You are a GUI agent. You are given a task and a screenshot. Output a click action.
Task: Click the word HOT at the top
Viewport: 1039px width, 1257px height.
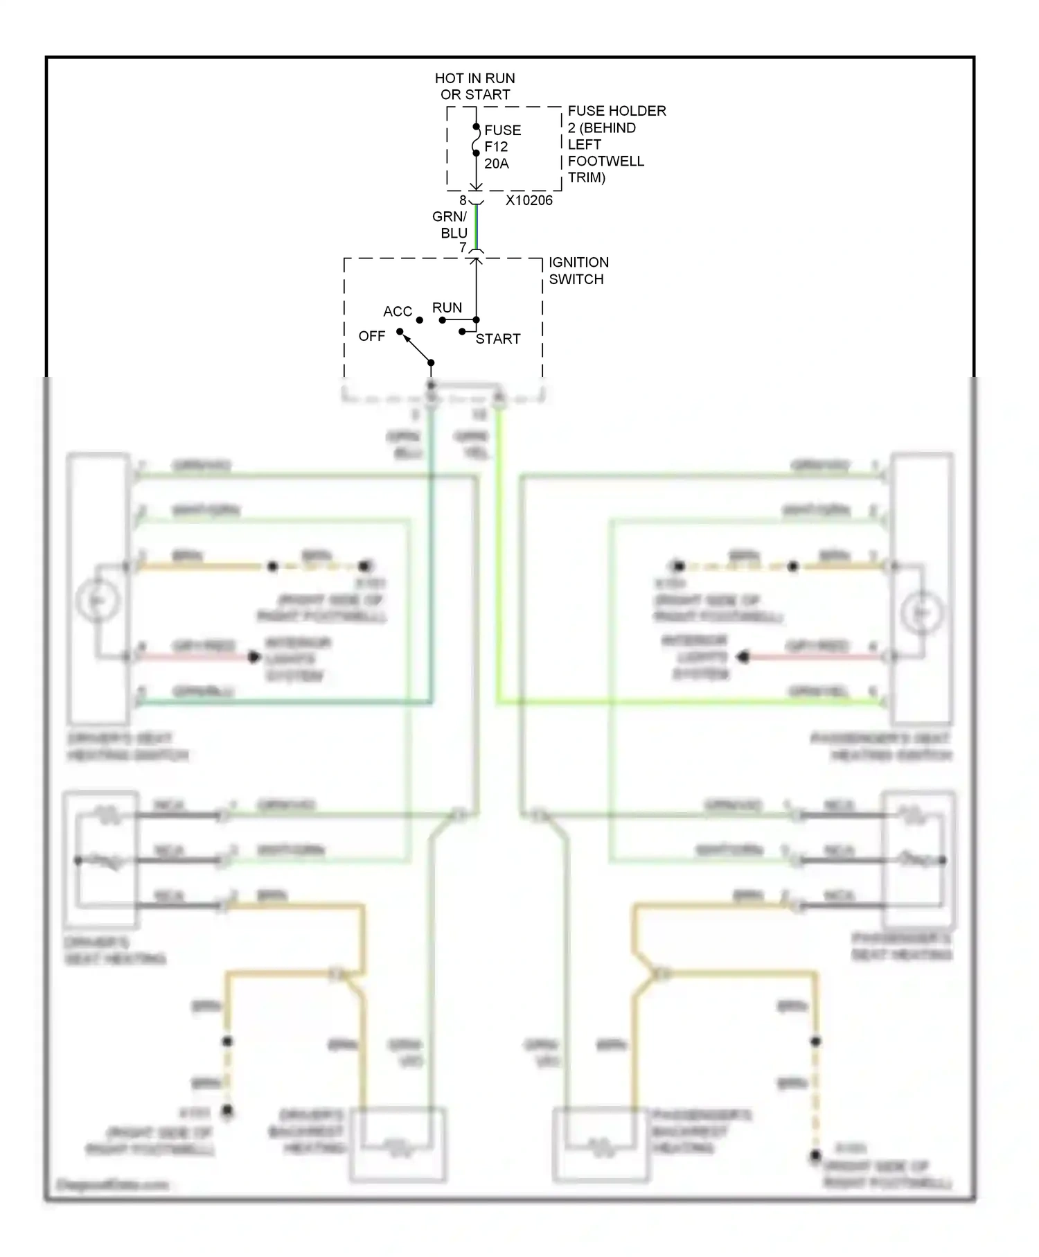pyautogui.click(x=449, y=78)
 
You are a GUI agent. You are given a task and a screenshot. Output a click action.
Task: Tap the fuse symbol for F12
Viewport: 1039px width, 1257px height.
pyautogui.click(x=476, y=141)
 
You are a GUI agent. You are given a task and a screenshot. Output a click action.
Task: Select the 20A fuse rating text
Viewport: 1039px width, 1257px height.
pyautogui.click(x=497, y=164)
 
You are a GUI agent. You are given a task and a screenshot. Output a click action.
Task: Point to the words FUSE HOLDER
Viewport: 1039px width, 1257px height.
pyautogui.click(x=616, y=111)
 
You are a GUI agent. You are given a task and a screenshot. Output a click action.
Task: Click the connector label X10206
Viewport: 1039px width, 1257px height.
pyautogui.click(x=529, y=200)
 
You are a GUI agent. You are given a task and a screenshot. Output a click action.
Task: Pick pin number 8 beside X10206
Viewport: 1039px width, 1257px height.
pyautogui.click(x=463, y=200)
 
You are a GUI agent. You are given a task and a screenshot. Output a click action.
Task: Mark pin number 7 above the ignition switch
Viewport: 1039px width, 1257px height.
pyautogui.click(x=463, y=247)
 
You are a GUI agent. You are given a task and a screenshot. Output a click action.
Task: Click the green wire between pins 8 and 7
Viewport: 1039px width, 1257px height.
pyautogui.click(x=476, y=225)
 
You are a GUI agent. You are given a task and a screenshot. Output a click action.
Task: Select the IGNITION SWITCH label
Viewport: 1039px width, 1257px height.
pyautogui.click(x=578, y=271)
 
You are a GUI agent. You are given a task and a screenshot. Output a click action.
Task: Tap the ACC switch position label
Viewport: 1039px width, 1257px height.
pyautogui.click(x=398, y=312)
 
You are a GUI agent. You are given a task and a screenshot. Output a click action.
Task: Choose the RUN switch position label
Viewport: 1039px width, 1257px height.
pyautogui.click(x=447, y=308)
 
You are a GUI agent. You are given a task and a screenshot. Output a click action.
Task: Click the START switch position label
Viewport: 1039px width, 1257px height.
pyautogui.click(x=498, y=339)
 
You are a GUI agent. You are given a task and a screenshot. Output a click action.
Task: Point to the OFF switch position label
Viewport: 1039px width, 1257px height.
pyautogui.click(x=372, y=336)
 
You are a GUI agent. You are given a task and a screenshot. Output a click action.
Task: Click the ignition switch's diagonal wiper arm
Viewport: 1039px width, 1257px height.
pyautogui.click(x=416, y=348)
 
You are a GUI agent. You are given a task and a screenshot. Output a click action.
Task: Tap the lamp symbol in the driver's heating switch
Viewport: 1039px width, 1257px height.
pyautogui.click(x=98, y=600)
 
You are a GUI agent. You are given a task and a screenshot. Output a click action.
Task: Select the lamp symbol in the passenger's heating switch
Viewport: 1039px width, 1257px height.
pyautogui.click(x=922, y=613)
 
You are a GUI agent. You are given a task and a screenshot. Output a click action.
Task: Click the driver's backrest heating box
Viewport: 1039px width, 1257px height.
pyautogui.click(x=398, y=1144)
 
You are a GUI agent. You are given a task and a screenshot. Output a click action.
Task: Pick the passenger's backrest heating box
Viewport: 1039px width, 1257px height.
pyautogui.click(x=601, y=1144)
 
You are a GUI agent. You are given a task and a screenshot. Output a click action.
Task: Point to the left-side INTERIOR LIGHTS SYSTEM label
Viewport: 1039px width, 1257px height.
pyautogui.click(x=298, y=659)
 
